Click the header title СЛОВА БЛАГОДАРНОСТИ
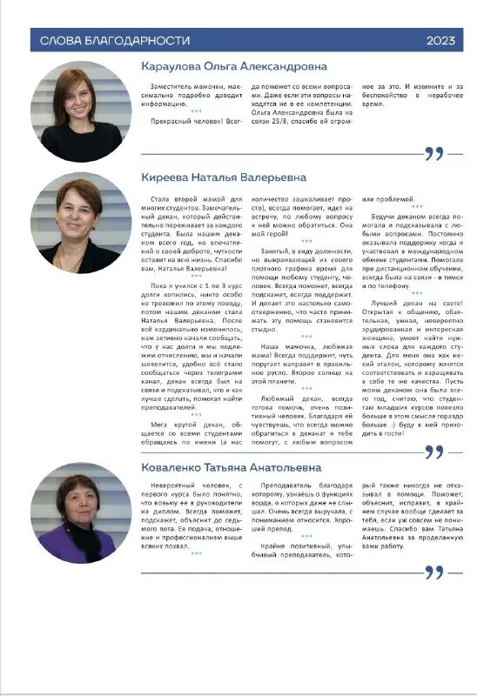point(109,40)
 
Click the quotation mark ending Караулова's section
point(433,155)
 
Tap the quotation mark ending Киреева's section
point(433,452)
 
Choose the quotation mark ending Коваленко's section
point(433,572)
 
